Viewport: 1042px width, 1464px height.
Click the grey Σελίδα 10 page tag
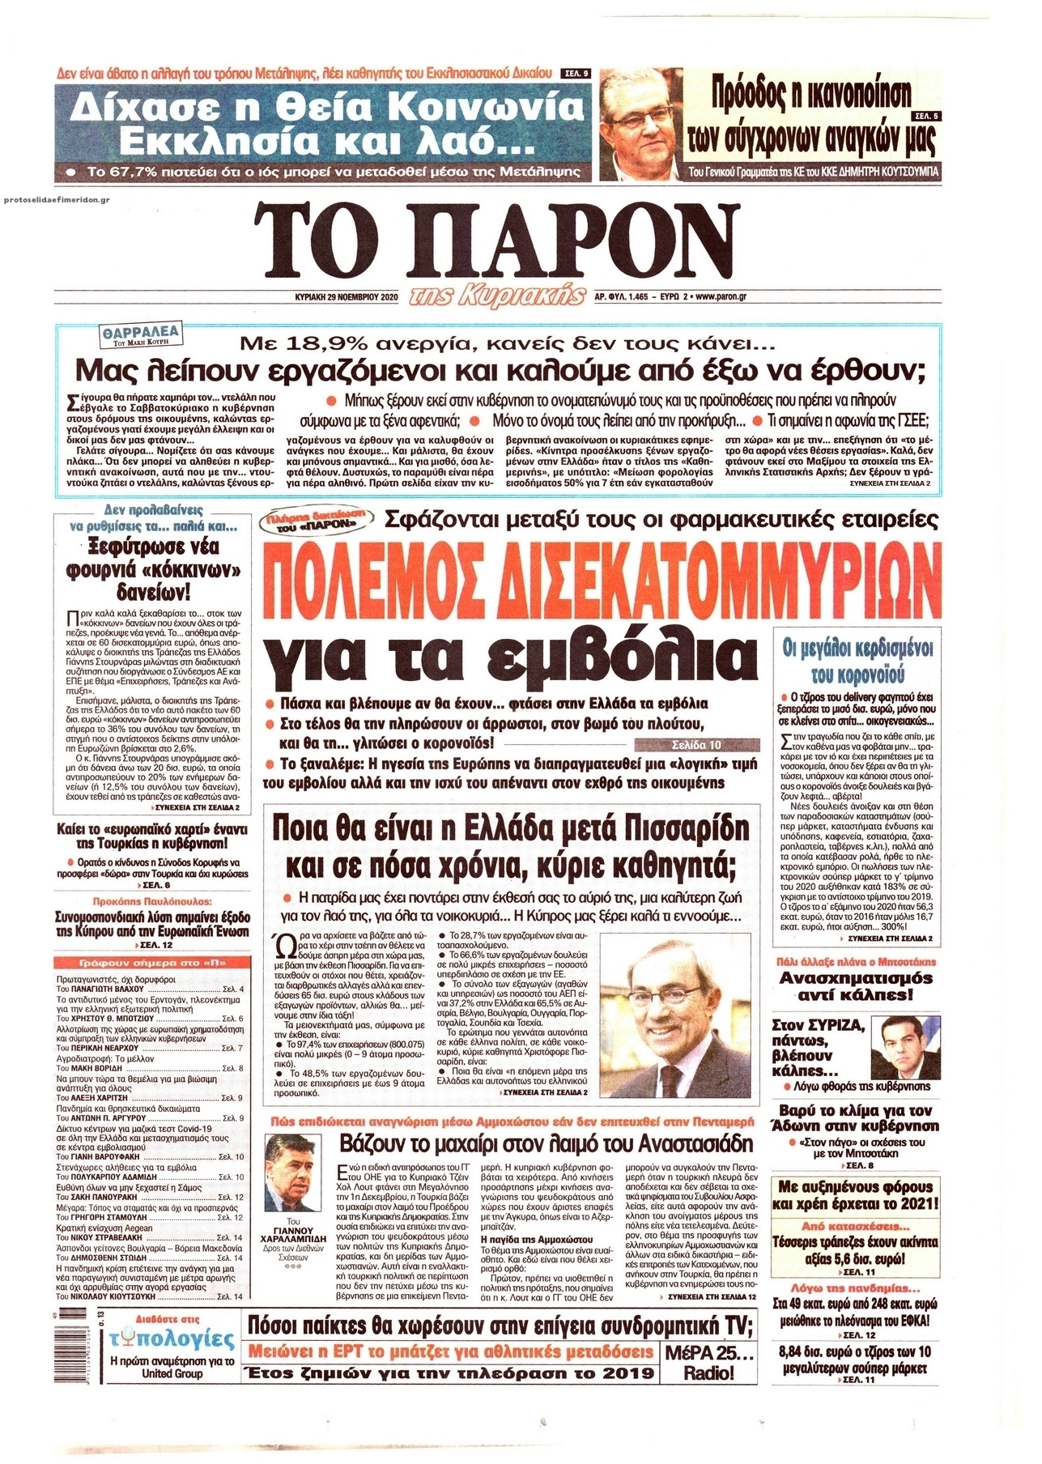coord(697,744)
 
